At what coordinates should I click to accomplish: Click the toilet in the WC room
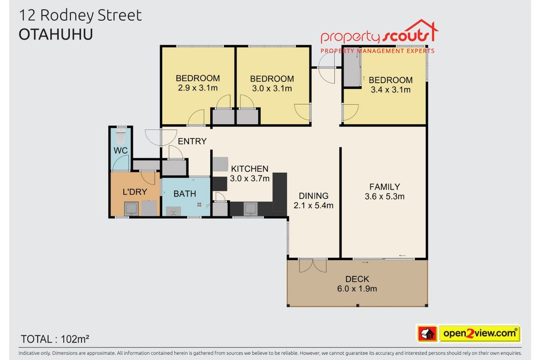coord(121,136)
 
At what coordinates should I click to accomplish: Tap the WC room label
coord(121,151)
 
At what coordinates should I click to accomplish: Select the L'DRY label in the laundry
coord(135,192)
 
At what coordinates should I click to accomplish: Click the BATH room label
coord(184,194)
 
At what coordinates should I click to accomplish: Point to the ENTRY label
coord(192,141)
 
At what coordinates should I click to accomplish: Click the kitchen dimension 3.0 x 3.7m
coord(249,179)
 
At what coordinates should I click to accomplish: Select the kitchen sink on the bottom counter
coord(251,209)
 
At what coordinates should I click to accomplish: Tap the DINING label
coord(313,196)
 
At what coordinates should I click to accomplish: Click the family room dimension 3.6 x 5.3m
coord(384,197)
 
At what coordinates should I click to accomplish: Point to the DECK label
coord(357,279)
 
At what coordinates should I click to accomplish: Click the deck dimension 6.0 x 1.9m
coord(357,288)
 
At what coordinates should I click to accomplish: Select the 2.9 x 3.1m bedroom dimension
coord(198,88)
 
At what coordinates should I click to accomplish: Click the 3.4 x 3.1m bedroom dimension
coord(391,90)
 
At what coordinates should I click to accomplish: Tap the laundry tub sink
coord(131,209)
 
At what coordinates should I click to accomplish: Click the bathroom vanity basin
coord(173,211)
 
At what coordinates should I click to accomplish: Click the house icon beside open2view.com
coord(427,334)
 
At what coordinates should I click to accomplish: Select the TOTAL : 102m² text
coord(55,339)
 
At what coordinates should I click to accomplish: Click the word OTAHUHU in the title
coord(56,35)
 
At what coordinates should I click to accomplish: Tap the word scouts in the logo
coord(407,36)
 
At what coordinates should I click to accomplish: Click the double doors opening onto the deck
coord(313,266)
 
